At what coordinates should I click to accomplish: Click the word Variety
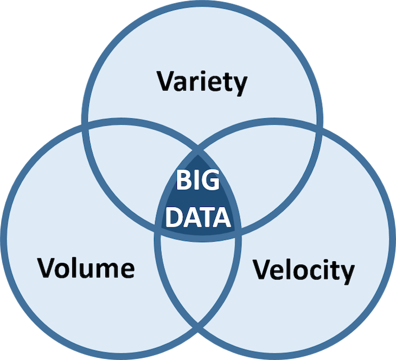pyautogui.click(x=202, y=83)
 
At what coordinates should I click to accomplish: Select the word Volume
pyautogui.click(x=86, y=268)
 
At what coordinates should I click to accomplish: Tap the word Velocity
pyautogui.click(x=304, y=270)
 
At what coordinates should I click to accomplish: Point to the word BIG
pyautogui.click(x=198, y=180)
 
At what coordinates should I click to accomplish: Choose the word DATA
pyautogui.click(x=198, y=217)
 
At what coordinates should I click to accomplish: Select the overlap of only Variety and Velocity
pyautogui.click(x=265, y=172)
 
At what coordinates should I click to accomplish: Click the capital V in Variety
pyautogui.click(x=167, y=81)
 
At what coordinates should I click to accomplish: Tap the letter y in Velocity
pyautogui.click(x=346, y=274)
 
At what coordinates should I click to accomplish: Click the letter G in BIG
pyautogui.click(x=210, y=180)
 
